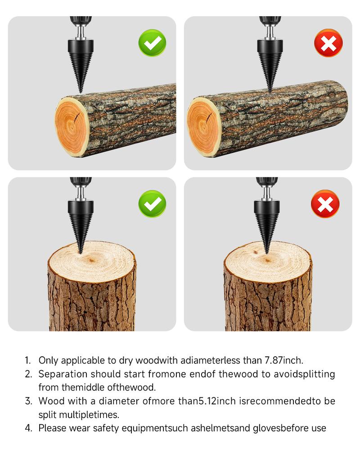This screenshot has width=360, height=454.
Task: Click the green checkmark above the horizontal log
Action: [x=152, y=44]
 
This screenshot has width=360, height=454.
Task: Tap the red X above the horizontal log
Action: [x=328, y=44]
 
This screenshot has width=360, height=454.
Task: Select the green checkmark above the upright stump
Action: [x=152, y=204]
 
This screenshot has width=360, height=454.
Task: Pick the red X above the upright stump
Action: [x=325, y=204]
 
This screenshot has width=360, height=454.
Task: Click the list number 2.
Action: [x=28, y=374]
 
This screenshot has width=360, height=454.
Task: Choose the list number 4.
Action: [x=28, y=428]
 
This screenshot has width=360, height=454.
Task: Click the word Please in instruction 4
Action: [x=52, y=428]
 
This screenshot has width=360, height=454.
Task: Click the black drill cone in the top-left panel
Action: [x=81, y=63]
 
